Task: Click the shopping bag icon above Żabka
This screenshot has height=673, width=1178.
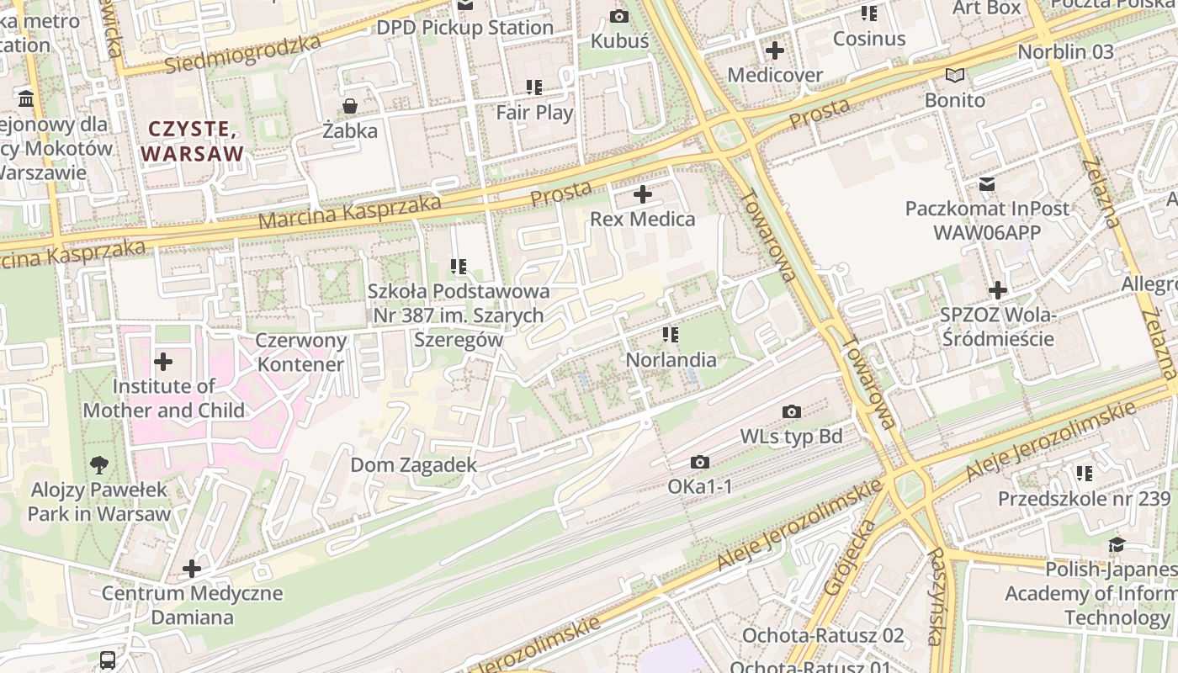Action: pos(349,106)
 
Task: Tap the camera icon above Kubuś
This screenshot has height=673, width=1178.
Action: pos(619,16)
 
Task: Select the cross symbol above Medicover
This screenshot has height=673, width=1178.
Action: pos(774,51)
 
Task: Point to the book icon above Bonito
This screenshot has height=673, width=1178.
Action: pos(954,76)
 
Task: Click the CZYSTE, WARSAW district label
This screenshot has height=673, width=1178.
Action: pos(192,141)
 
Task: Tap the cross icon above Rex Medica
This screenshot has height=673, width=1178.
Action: pos(643,195)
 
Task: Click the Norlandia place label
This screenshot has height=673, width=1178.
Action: pos(671,360)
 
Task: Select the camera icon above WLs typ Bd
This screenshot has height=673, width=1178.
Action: pos(791,412)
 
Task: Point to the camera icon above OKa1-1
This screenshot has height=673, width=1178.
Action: pos(699,463)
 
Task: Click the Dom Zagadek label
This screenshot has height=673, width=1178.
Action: pos(413,465)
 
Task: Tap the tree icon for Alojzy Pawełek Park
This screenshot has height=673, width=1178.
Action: pos(99,464)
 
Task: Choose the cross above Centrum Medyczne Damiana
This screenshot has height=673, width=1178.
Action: pos(192,570)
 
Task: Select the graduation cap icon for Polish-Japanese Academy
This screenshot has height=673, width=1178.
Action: pos(1117,545)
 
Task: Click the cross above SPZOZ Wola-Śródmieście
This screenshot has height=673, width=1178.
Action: pos(997,291)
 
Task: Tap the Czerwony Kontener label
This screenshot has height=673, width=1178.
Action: pos(300,352)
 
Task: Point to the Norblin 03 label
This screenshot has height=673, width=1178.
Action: pos(1065,52)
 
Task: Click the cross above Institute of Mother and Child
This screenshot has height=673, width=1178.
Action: pos(163,363)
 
